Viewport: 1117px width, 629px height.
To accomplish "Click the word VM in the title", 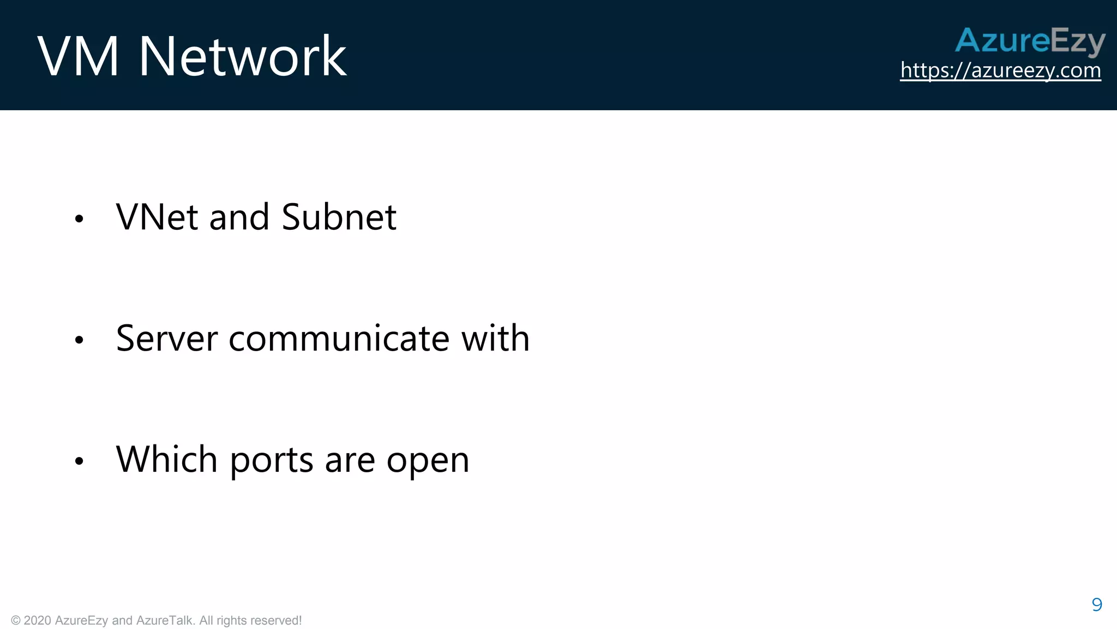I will [x=77, y=56].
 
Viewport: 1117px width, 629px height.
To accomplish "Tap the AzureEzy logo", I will [x=1030, y=41].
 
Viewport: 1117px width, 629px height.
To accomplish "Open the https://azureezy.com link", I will [x=1000, y=70].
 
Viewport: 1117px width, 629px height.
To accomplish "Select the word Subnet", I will [x=339, y=217].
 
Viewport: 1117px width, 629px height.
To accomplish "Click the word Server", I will [x=167, y=338].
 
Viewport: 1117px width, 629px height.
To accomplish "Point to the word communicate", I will [x=339, y=338].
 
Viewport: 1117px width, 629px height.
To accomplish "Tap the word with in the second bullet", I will [x=495, y=338].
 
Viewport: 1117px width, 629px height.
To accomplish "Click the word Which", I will [x=167, y=459].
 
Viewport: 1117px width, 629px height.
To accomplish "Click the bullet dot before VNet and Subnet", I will [x=79, y=219].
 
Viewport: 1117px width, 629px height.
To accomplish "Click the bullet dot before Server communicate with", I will [x=79, y=340].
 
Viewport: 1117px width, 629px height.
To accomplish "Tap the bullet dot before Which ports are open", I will [x=79, y=461].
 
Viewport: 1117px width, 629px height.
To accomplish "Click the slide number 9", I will [x=1097, y=604].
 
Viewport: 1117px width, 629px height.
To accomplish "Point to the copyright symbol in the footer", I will [x=16, y=621].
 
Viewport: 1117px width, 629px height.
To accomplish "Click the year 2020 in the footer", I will [x=38, y=621].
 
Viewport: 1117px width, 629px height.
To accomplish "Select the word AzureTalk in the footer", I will [x=165, y=621].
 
